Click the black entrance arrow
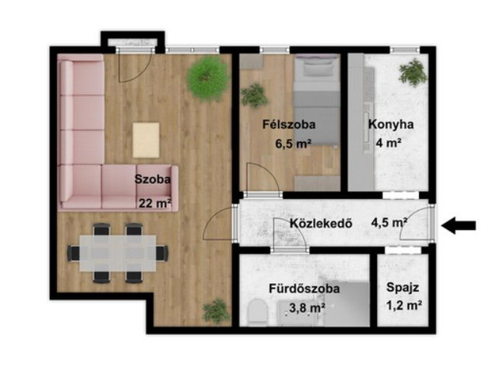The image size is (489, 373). coord(459,225)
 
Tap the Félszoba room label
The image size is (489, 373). coord(289,124)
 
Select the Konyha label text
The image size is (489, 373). coord(391,124)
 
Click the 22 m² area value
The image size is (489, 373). coord(155,204)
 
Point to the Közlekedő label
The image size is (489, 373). coord(322,223)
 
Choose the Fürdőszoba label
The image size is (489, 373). coord(304,288)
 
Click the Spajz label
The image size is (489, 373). coord(403,288)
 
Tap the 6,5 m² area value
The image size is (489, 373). coord(293,144)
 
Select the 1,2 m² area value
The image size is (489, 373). coord(404,305)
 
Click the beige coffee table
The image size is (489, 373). coord(146,140)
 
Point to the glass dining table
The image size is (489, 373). coord(118,253)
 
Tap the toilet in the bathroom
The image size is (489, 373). coord(259,312)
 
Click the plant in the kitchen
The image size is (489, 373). coord(413,72)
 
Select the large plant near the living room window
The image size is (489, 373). coord(207,78)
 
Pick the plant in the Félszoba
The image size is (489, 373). coord(255,96)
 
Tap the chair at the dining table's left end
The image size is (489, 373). coord(74,253)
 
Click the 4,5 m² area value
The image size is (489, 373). coord(389,222)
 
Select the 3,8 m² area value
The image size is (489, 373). coord(308,308)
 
